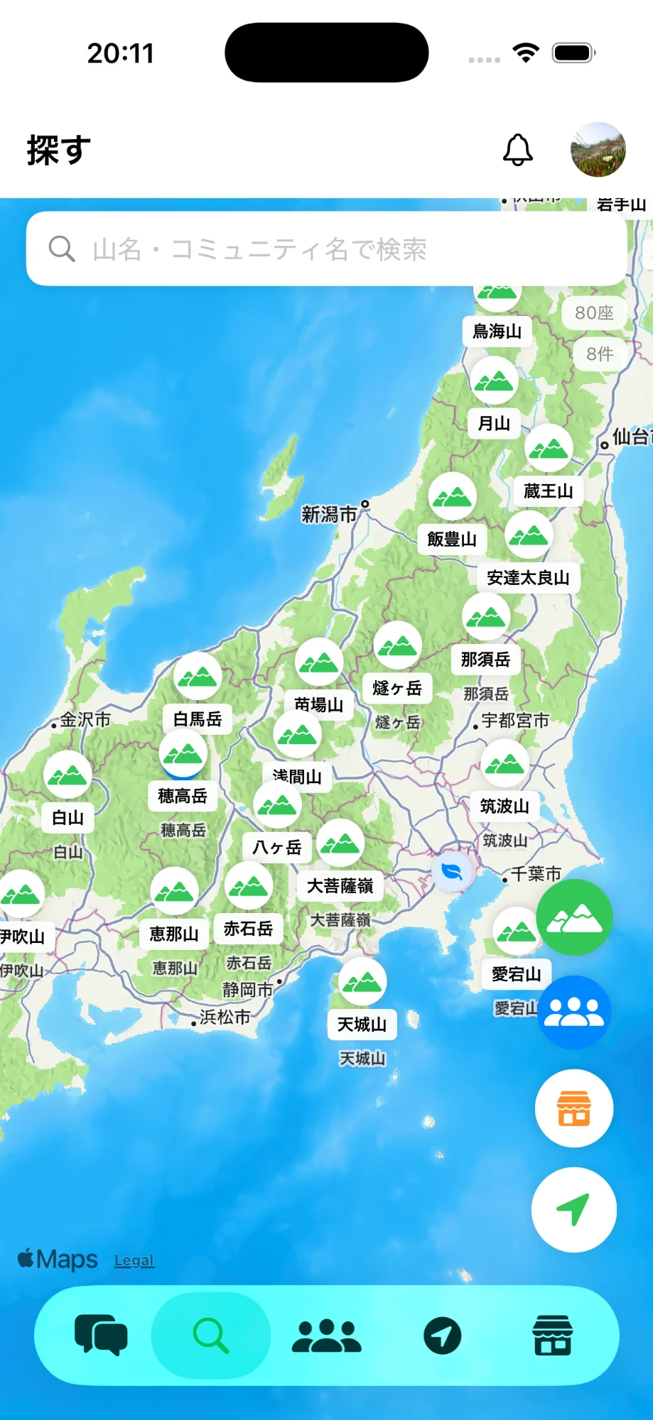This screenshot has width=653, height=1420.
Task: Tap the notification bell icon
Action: click(518, 150)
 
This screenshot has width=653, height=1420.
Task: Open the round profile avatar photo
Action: click(598, 150)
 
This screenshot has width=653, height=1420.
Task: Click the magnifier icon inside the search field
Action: click(62, 249)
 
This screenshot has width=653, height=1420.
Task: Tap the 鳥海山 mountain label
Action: click(497, 332)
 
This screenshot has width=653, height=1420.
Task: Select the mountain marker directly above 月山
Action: click(494, 381)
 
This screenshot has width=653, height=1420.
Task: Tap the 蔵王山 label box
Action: click(548, 491)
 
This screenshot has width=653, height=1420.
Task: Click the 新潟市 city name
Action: click(329, 514)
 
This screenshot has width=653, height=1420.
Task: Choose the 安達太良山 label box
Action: click(528, 578)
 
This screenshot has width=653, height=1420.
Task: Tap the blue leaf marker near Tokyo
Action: click(452, 870)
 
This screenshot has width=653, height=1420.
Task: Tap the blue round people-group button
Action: click(574, 1012)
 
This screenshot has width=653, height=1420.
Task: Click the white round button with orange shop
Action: click(574, 1108)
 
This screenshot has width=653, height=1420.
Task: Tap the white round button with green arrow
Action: click(574, 1209)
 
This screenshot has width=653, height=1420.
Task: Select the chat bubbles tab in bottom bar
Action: click(101, 1335)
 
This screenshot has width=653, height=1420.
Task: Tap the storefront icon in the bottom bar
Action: click(552, 1336)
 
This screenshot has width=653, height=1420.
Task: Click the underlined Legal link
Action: click(134, 1261)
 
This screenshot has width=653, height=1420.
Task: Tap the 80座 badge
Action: click(594, 313)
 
